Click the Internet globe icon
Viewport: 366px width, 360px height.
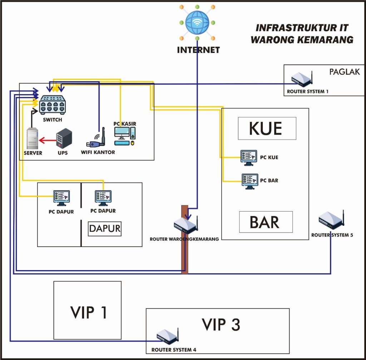197,22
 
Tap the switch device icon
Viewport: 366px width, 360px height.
53,105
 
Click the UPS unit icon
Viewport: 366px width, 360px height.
64,139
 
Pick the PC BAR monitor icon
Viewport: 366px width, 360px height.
250,180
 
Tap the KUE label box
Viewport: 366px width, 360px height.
267,128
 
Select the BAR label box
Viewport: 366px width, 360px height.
266,222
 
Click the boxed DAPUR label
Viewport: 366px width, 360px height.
105,228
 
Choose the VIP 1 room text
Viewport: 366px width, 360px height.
89,312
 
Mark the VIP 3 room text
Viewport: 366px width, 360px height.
221,325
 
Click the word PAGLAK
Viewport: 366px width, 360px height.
345,72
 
